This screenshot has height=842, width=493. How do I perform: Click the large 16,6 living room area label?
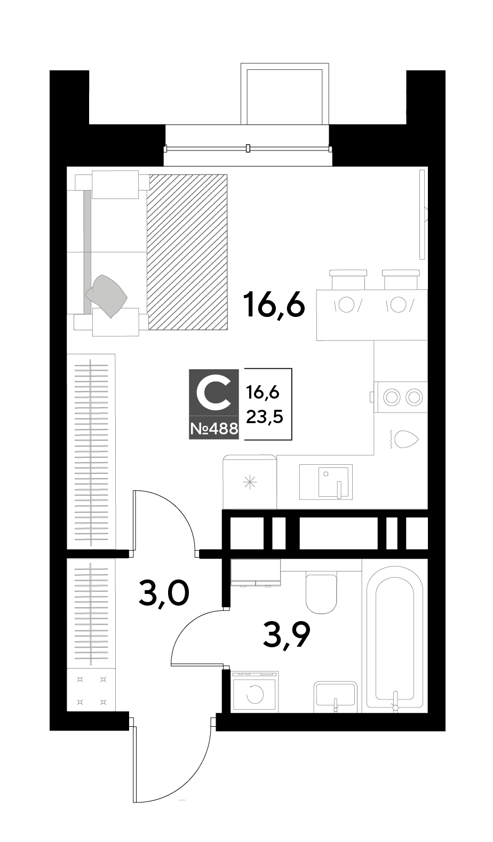(274, 305)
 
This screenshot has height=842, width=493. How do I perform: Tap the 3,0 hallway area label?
(163, 593)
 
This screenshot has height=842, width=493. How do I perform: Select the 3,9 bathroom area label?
(287, 636)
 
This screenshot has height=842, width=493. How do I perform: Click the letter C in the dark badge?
(213, 392)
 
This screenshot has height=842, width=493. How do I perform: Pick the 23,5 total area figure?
(265, 417)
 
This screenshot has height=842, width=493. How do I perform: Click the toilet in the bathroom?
(321, 592)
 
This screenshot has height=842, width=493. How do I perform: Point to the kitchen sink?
(326, 482)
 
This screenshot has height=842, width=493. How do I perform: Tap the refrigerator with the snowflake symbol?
(250, 482)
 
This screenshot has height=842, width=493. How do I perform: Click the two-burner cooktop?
(401, 397)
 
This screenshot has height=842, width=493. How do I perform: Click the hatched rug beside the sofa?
(187, 252)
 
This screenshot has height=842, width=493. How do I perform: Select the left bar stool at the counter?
(347, 279)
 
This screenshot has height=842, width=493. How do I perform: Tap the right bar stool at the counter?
(401, 279)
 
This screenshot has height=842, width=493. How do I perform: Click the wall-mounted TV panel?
(422, 215)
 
